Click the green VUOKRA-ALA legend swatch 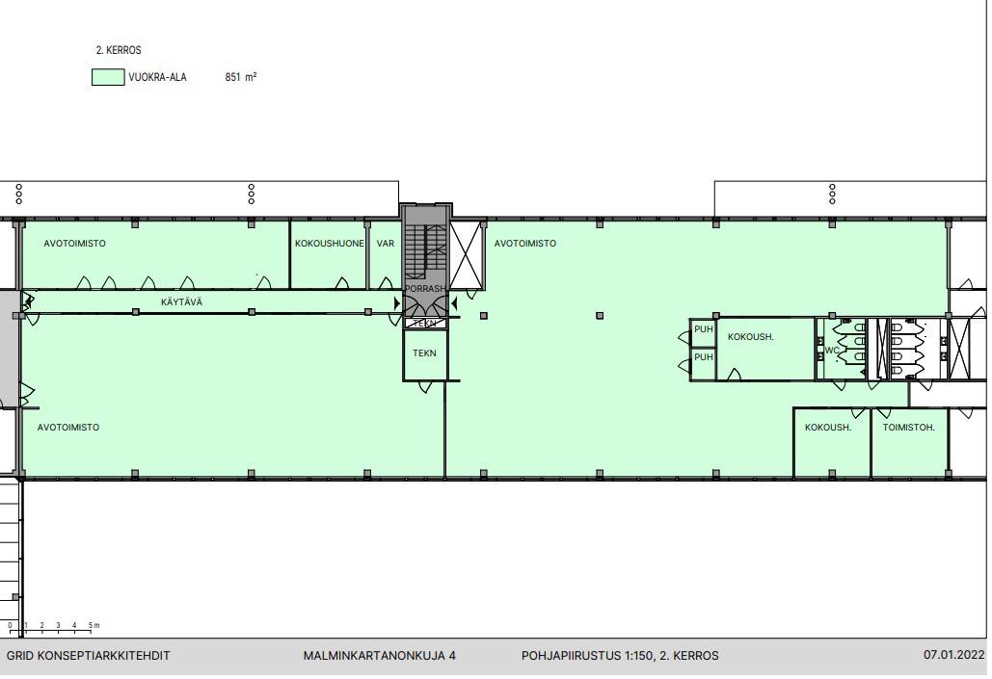(x=108, y=77)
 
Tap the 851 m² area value (x=241, y=77)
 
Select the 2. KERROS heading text (x=119, y=50)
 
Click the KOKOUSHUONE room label (x=329, y=244)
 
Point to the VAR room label (x=386, y=244)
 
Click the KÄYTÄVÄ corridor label (x=181, y=302)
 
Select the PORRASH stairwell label (x=425, y=289)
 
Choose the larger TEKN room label (x=424, y=353)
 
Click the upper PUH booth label (x=704, y=329)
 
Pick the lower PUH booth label (x=704, y=357)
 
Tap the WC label (x=832, y=351)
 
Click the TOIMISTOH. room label (x=908, y=428)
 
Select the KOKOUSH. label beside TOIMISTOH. (x=828, y=428)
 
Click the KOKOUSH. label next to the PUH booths (x=751, y=337)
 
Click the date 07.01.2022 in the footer (x=954, y=655)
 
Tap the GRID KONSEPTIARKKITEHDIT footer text (x=88, y=656)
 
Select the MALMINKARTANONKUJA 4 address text (x=380, y=656)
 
